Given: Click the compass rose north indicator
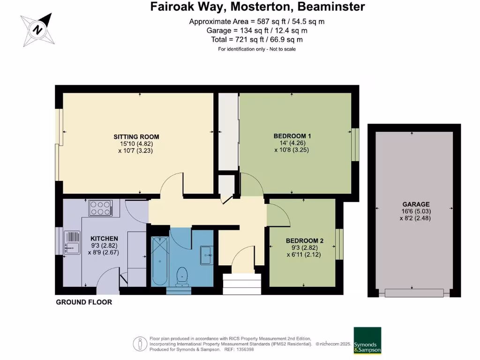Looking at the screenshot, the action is (37, 30).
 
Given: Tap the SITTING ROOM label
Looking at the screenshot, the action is (136, 137).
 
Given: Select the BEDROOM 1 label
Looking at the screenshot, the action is (292, 136).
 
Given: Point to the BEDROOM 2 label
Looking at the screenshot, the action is (305, 241).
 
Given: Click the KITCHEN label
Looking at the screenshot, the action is (104, 239).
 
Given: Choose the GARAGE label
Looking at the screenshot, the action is (416, 204).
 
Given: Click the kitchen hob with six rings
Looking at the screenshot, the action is (100, 208).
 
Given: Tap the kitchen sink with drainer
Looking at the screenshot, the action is (72, 243).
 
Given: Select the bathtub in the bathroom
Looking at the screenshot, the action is (160, 261).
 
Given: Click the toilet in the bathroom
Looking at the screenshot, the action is (182, 277).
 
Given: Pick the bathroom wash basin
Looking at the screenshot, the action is (207, 255).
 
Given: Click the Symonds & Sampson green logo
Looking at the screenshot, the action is (367, 340).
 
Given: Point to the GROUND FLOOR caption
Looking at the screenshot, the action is (84, 302).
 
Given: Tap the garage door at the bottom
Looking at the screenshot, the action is (414, 293).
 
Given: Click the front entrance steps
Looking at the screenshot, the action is (242, 284).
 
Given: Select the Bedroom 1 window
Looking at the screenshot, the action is (355, 144).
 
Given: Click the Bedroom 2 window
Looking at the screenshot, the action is (339, 244).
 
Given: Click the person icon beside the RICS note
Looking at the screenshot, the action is (140, 344).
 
